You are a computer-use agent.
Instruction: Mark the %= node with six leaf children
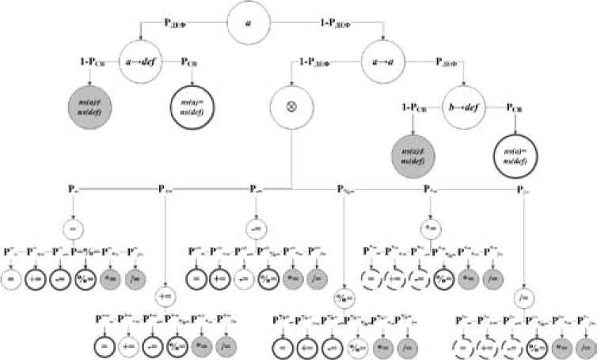(345, 300)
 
